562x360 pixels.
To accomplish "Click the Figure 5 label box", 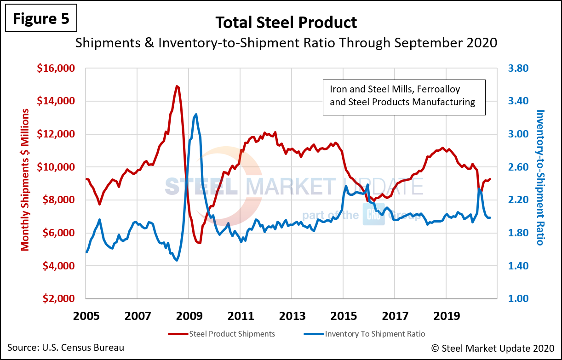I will (41, 19).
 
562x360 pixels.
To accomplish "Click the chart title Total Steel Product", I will (286, 22).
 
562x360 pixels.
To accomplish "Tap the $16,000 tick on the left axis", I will (55, 69).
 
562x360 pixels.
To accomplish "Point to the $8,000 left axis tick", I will (58, 200).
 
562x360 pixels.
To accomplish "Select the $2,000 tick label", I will (58, 299).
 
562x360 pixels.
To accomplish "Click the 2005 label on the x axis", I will (86, 316).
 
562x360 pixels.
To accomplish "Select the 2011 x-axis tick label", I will (241, 316).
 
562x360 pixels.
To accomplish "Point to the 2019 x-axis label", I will (446, 316).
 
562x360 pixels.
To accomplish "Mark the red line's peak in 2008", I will (177, 86).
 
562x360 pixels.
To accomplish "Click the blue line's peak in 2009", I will (196, 114).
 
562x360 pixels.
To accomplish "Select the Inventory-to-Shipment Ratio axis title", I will (540, 177).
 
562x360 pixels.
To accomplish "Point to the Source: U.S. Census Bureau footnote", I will (66, 348).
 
